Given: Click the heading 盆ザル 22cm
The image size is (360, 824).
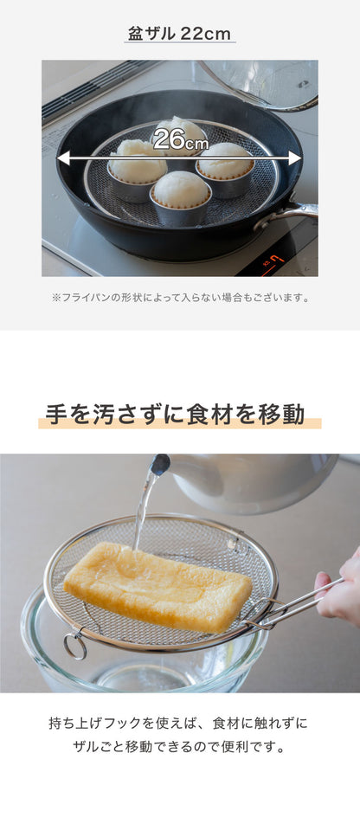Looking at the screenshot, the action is pyautogui.click(x=179, y=34).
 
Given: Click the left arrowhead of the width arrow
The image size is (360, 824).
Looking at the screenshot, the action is pyautogui.click(x=62, y=158).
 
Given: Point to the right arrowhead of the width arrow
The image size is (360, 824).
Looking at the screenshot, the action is pyautogui.click(x=295, y=158).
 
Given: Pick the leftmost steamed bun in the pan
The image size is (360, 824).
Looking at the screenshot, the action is pyautogui.click(x=138, y=167).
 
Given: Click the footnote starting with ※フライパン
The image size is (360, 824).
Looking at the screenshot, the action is pyautogui.click(x=180, y=298).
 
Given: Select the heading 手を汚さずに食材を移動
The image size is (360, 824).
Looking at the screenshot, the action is pyautogui.click(x=176, y=414).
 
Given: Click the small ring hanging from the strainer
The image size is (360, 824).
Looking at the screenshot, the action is pyautogui.click(x=75, y=647).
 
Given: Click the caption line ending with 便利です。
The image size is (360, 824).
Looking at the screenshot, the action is pyautogui.click(x=178, y=747).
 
